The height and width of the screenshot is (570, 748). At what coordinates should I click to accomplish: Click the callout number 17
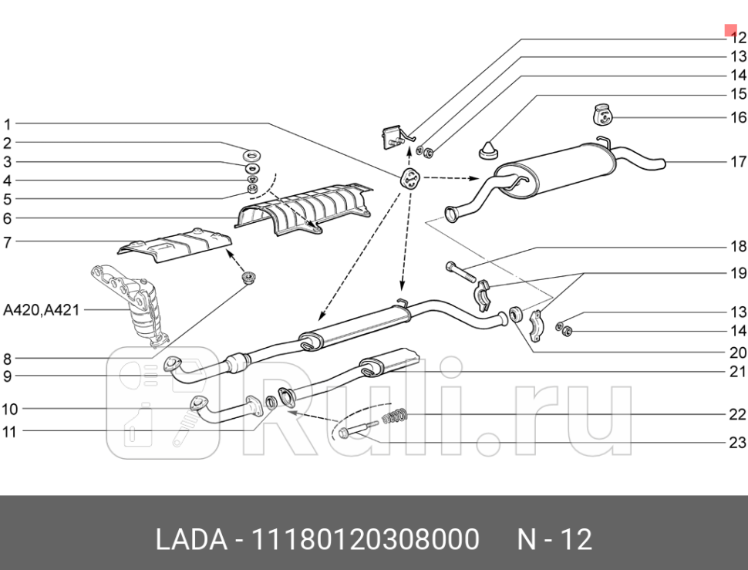(x=738, y=162)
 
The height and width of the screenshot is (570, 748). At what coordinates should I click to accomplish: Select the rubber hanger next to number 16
(x=601, y=114)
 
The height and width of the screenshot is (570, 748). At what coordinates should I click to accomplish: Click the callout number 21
(x=738, y=372)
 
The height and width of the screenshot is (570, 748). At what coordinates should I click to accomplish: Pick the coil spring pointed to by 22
(x=394, y=418)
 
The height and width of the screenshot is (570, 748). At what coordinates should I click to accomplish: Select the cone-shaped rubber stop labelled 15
(x=487, y=148)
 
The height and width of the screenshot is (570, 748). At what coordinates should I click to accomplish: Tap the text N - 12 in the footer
(x=554, y=539)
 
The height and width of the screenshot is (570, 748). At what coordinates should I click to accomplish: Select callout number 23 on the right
(x=738, y=442)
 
